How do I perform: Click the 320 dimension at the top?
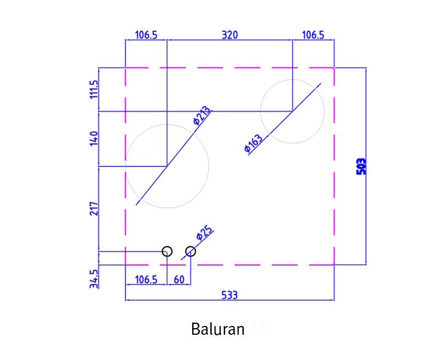[230, 35]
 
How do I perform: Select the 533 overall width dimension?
[230, 295]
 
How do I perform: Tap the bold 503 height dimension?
[361, 167]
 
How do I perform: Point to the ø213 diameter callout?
[202, 115]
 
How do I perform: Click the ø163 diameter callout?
[253, 143]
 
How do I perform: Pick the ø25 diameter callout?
[204, 232]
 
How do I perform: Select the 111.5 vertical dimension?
[94, 89]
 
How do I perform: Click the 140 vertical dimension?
[94, 139]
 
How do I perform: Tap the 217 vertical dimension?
[94, 209]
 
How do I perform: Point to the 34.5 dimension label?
[94, 279]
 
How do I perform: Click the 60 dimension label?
[179, 280]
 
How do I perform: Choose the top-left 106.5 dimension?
[146, 35]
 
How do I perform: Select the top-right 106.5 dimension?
[313, 35]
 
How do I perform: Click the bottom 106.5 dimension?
[146, 280]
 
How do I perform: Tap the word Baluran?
[217, 329]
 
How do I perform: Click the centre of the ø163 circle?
[293, 111]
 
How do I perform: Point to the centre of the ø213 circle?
[167, 167]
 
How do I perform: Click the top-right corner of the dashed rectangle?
[334, 68]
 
